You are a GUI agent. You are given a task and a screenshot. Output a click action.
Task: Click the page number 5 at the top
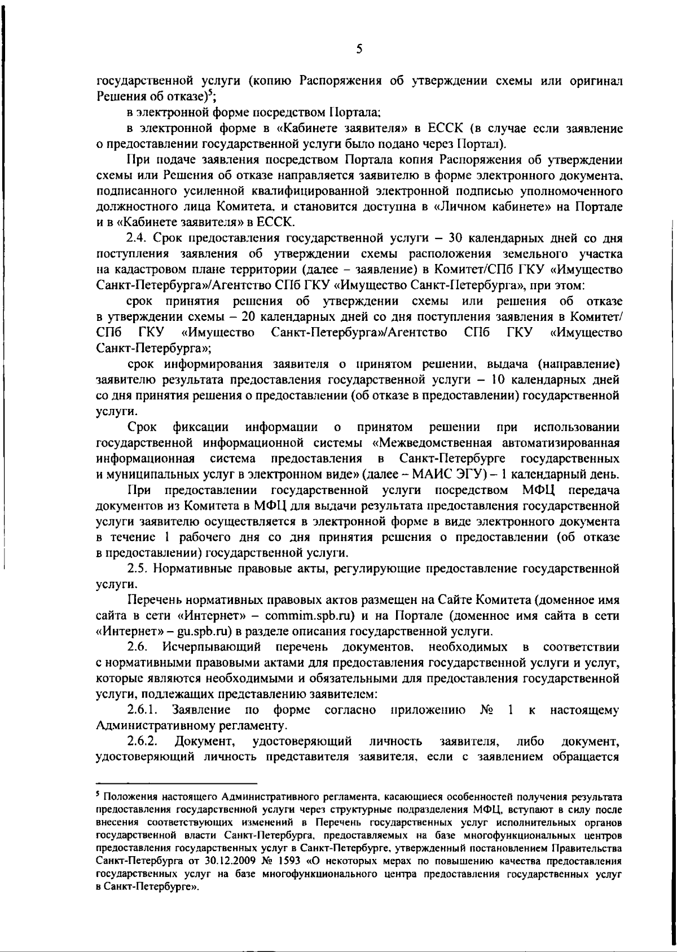pyautogui.click(x=359, y=49)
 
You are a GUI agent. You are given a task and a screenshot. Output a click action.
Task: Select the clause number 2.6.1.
pyautogui.click(x=142, y=710)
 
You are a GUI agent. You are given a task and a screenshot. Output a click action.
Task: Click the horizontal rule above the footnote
pyautogui.click(x=177, y=783)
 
